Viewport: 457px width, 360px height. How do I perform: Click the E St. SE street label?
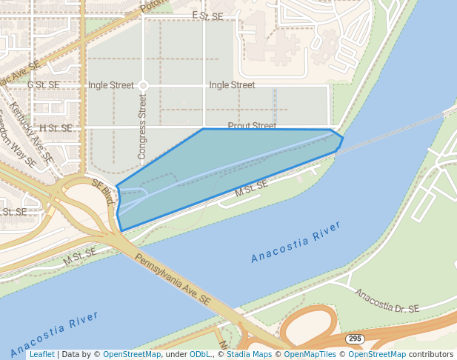coord(207,16)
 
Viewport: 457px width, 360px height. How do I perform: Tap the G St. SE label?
coord(43,85)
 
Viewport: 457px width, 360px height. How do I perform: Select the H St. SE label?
coord(56,128)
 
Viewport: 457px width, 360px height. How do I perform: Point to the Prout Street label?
coord(252,127)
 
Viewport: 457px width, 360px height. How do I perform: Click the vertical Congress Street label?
coord(143,127)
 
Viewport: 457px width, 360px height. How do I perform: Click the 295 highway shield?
coord(355,339)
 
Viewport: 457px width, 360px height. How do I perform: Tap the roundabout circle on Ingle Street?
coord(143,86)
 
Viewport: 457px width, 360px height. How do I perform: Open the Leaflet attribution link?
coord(41,354)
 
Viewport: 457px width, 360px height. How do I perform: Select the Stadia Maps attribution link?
coord(247,354)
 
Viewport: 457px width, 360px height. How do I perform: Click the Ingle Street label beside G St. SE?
coord(111,85)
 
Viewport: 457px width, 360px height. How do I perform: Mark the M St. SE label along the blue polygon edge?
coord(250,188)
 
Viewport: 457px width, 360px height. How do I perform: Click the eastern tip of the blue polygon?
coord(343,138)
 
